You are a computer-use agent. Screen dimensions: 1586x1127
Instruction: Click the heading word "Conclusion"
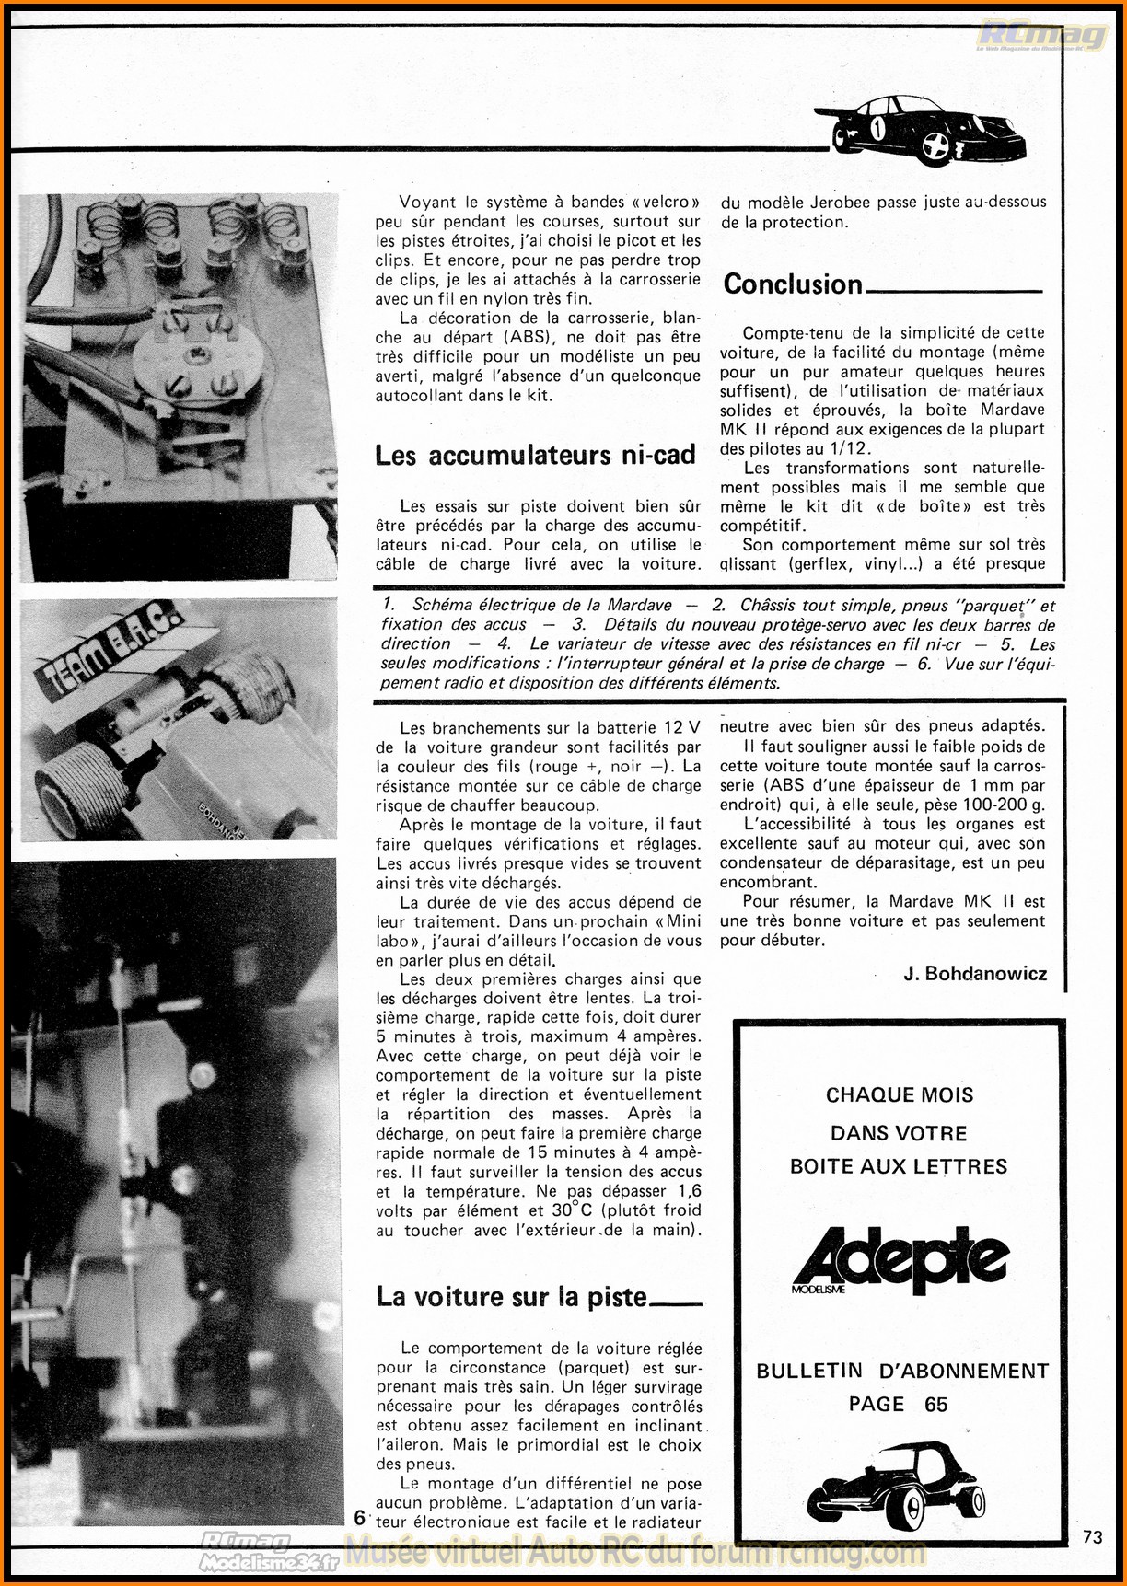pyautogui.click(x=793, y=284)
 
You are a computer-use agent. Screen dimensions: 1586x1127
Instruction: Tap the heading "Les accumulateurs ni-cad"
pyautogui.click(x=534, y=456)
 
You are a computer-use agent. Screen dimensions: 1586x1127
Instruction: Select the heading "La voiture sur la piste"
pyautogui.click(x=512, y=1297)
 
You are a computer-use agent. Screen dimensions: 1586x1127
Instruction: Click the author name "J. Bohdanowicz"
pyautogui.click(x=975, y=974)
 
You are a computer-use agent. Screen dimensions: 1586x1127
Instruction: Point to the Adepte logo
pyautogui.click(x=900, y=1259)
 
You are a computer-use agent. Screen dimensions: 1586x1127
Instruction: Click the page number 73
pyautogui.click(x=1093, y=1536)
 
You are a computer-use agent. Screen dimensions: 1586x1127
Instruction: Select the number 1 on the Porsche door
pyautogui.click(x=877, y=128)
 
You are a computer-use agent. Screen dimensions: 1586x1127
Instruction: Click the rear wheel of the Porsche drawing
pyautogui.click(x=935, y=145)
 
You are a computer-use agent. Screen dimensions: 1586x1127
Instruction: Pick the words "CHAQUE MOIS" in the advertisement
pyautogui.click(x=899, y=1095)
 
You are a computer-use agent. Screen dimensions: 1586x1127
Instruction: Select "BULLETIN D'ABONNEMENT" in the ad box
pyautogui.click(x=902, y=1372)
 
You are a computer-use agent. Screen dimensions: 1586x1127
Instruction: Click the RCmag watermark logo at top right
pyautogui.click(x=1041, y=36)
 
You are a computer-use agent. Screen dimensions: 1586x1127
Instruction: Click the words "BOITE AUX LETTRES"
pyautogui.click(x=899, y=1167)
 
